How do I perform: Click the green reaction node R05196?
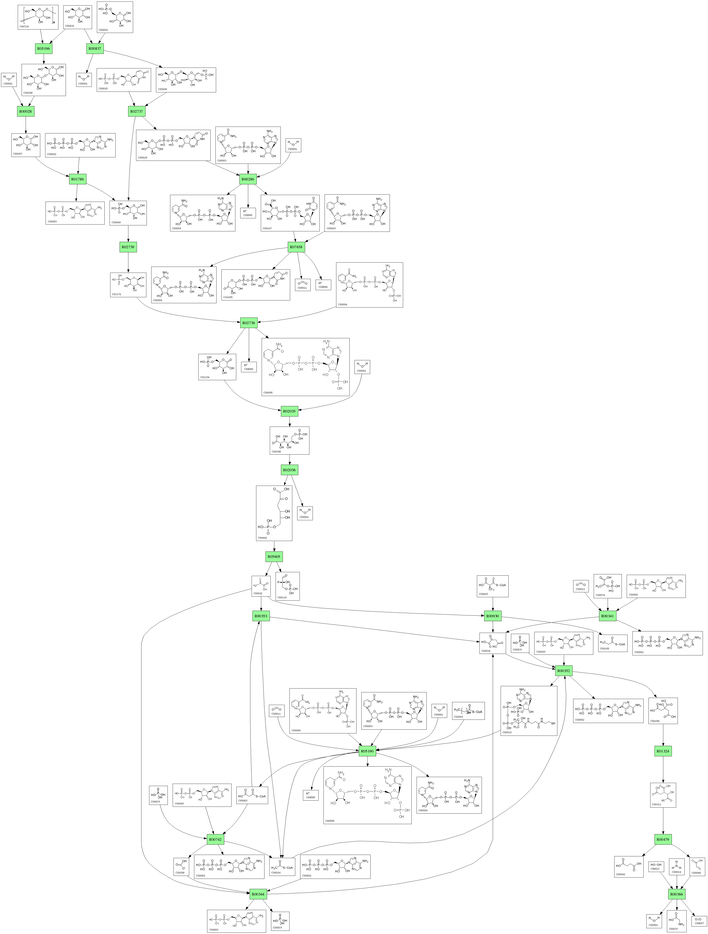(x=43, y=49)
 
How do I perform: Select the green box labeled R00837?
(x=95, y=49)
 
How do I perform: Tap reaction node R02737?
(x=137, y=111)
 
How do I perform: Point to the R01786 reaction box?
(x=77, y=179)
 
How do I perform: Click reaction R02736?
(x=248, y=323)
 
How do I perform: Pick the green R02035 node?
(x=289, y=411)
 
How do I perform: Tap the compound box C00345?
(x=289, y=440)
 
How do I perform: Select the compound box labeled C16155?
(x=255, y=285)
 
